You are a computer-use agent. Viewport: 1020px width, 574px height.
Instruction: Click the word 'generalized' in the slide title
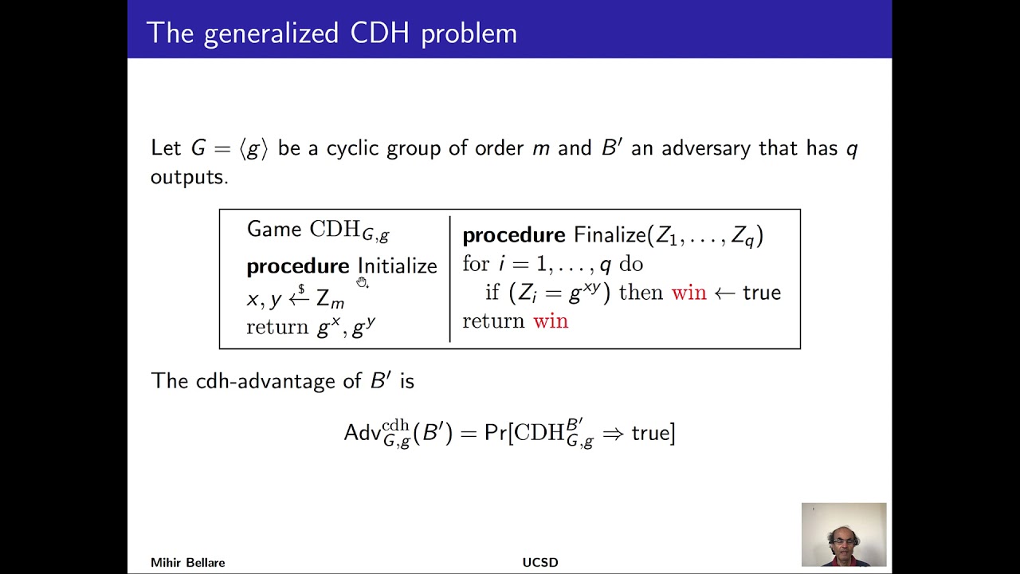272,33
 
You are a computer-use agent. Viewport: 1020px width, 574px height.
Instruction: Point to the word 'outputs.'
189,177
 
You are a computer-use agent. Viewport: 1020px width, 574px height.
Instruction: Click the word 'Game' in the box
273,230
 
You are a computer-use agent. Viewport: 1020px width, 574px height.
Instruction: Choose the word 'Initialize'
397,265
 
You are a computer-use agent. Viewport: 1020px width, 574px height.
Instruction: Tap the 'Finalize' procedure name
610,235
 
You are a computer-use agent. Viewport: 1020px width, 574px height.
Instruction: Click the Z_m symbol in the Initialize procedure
330,300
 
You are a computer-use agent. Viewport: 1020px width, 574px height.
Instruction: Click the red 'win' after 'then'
688,293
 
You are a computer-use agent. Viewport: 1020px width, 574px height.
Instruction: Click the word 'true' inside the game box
761,293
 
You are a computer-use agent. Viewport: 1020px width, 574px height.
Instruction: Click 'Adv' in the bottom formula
362,433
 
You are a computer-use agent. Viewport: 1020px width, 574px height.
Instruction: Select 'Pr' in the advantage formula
494,433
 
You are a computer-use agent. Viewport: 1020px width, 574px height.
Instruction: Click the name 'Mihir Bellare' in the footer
187,563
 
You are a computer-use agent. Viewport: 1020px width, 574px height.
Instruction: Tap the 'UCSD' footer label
539,563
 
